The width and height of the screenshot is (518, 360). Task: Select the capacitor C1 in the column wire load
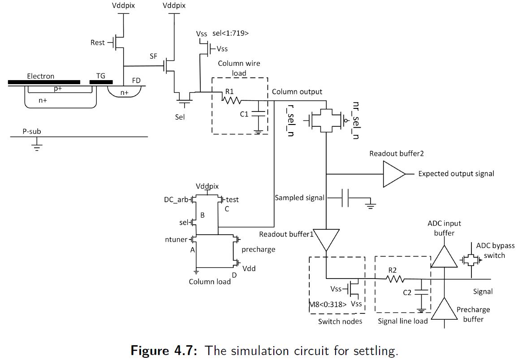click(x=258, y=114)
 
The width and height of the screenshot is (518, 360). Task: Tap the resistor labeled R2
click(x=395, y=279)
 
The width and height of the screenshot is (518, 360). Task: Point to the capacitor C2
click(x=421, y=293)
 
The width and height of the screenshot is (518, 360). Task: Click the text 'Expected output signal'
click(x=456, y=174)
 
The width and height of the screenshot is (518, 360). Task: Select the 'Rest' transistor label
click(x=97, y=43)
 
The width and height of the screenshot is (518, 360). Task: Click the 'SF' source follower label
click(x=154, y=57)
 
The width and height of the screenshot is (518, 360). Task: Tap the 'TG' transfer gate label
click(x=101, y=76)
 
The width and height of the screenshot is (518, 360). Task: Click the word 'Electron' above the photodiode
click(x=40, y=76)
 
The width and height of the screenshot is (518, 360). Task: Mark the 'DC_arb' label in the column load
click(x=176, y=200)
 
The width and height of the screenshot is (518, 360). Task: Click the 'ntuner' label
click(x=176, y=240)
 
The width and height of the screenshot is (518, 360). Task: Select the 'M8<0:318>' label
click(x=328, y=304)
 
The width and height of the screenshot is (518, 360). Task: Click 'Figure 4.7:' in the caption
click(x=164, y=350)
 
